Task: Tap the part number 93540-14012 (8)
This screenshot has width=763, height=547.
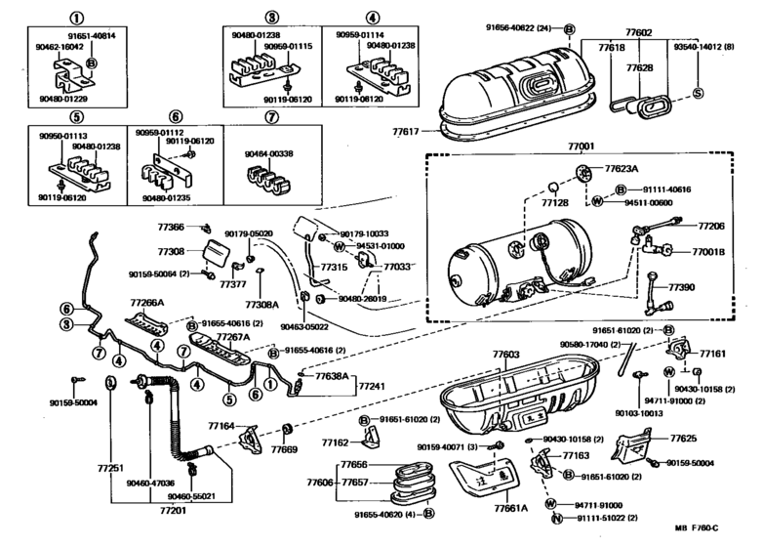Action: pyautogui.click(x=703, y=46)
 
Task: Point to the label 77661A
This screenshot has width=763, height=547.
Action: pyautogui.click(x=509, y=507)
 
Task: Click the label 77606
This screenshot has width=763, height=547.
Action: pyautogui.click(x=318, y=482)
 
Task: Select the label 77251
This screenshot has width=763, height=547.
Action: pyautogui.click(x=110, y=469)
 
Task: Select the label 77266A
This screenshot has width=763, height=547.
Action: pyautogui.click(x=148, y=303)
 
